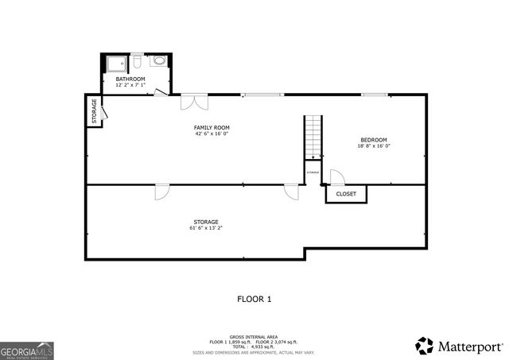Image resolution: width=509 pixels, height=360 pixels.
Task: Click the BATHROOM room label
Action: [x=130, y=79]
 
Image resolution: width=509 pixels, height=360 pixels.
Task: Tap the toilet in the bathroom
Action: [x=138, y=60]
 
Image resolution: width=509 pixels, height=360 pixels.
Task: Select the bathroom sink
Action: [x=158, y=60]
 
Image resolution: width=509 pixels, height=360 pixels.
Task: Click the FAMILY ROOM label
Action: [x=212, y=127]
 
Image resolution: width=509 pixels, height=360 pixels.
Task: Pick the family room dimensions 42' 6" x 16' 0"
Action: [x=212, y=134]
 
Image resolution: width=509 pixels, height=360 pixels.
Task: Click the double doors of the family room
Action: [x=194, y=102]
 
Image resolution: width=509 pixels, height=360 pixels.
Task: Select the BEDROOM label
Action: [x=373, y=140]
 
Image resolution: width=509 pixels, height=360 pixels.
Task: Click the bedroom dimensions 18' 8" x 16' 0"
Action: [x=373, y=146]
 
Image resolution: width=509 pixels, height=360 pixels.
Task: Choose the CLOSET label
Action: [x=346, y=194]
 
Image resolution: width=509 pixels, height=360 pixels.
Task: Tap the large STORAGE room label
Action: [x=205, y=222]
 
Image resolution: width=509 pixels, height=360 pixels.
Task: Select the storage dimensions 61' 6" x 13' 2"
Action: [x=205, y=228]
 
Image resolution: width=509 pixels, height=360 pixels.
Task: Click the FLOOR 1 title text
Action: [x=254, y=299]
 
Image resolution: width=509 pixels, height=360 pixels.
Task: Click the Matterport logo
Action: [x=460, y=346]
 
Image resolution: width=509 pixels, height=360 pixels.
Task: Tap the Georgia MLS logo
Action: [x=27, y=350]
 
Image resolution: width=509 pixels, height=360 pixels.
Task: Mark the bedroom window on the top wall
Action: [x=375, y=95]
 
